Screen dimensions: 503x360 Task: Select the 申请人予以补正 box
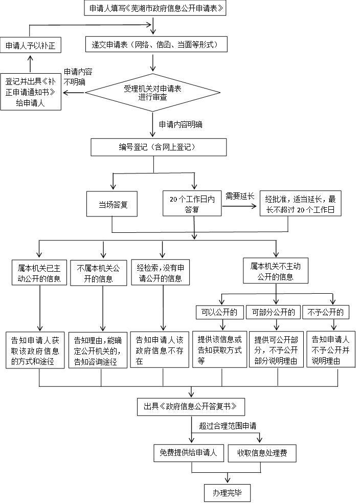[x=30, y=46]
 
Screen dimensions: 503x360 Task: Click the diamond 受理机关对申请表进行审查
[x=152, y=93]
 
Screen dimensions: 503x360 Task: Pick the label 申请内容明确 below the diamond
[x=181, y=124]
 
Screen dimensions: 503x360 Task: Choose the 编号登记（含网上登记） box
[x=159, y=147]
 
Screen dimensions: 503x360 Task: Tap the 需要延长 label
[x=240, y=195]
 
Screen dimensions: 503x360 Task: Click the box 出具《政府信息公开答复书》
[x=190, y=407]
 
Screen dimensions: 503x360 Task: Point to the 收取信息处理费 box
[x=262, y=453]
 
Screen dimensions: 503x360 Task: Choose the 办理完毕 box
[x=227, y=493]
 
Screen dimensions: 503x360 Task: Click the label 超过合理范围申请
[x=227, y=425]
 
